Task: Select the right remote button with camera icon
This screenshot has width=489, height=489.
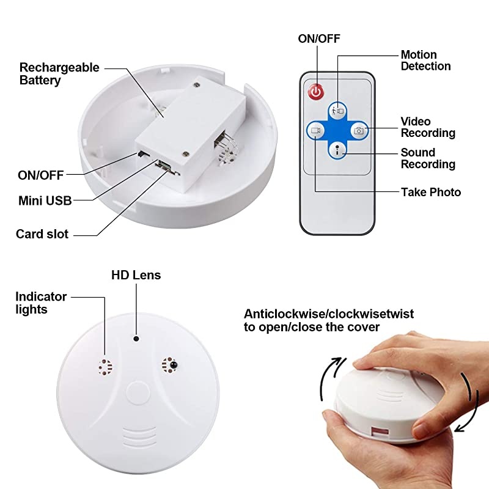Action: point(358,130)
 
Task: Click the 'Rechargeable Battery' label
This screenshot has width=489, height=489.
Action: point(59,73)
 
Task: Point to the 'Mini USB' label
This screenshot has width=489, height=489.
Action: point(45,200)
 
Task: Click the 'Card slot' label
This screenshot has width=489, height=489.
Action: point(42,234)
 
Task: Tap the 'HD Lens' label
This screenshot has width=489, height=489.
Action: point(136,275)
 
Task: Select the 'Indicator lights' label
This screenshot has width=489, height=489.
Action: point(41,303)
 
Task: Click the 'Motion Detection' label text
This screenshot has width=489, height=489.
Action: point(425,61)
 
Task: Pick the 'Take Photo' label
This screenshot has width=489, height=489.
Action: point(431,192)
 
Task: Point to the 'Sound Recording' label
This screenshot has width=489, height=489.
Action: point(427,158)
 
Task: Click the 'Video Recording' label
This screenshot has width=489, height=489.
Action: point(427,127)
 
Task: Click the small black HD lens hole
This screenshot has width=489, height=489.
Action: point(136,337)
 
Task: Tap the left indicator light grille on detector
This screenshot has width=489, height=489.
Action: point(105,366)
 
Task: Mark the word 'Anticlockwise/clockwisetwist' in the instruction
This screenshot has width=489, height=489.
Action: point(329,314)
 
